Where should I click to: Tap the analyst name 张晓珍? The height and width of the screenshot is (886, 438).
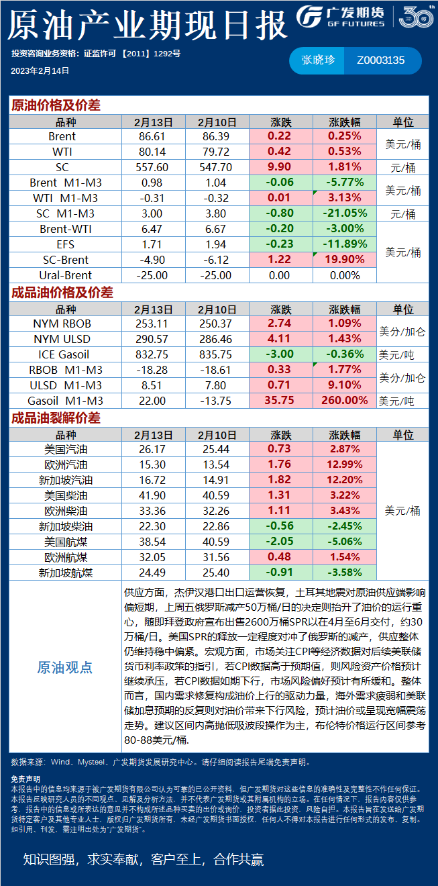[317, 60]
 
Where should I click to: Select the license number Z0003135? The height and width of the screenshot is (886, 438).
[381, 60]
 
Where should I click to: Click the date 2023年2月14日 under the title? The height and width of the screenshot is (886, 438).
[40, 70]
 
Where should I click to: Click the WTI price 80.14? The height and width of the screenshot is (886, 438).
[153, 152]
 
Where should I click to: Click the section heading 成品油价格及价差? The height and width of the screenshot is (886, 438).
[62, 293]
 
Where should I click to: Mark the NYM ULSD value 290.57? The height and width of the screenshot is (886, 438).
[153, 339]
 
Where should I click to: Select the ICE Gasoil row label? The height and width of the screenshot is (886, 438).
[64, 354]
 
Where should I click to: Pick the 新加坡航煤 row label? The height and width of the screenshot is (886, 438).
[66, 573]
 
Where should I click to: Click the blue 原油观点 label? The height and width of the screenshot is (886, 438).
[64, 667]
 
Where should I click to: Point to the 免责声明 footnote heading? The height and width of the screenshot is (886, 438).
[25, 779]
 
